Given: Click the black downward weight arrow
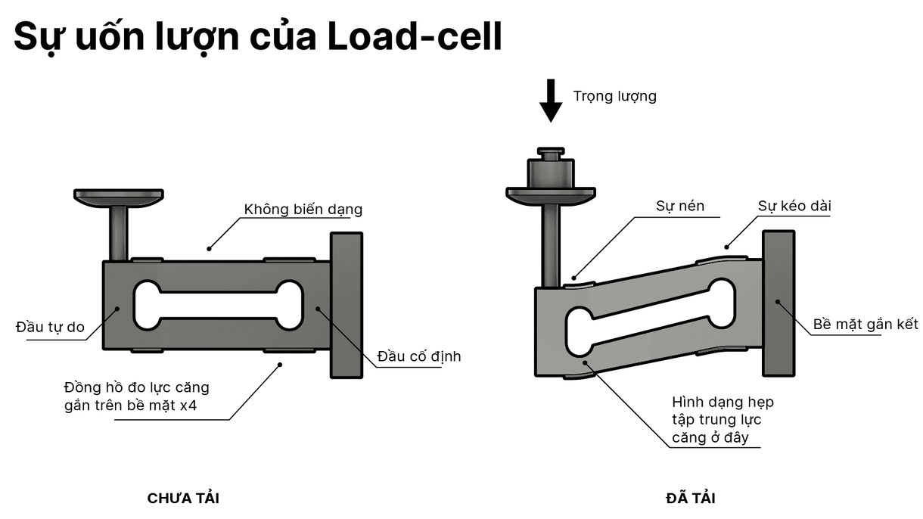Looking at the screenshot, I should tap(552, 101).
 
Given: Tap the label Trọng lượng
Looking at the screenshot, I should tap(614, 96).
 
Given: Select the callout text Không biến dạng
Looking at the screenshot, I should tap(303, 210).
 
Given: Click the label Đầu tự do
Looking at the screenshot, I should tap(50, 328).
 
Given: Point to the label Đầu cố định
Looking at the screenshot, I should tap(418, 356).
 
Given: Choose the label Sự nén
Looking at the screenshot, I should tap(677, 206).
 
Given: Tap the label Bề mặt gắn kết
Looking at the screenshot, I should tap(865, 324).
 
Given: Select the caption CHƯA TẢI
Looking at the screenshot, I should tap(183, 499).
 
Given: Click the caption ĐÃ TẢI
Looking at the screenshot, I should tap(690, 499).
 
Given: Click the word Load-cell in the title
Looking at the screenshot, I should tap(415, 36).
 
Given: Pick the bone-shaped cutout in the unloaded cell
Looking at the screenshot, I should tap(218, 306).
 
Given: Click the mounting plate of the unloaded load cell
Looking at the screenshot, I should tap(347, 305).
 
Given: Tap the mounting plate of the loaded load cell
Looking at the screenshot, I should tap(778, 303).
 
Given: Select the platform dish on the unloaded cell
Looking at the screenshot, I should tap(119, 197).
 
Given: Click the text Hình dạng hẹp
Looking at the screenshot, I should tap(723, 402).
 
